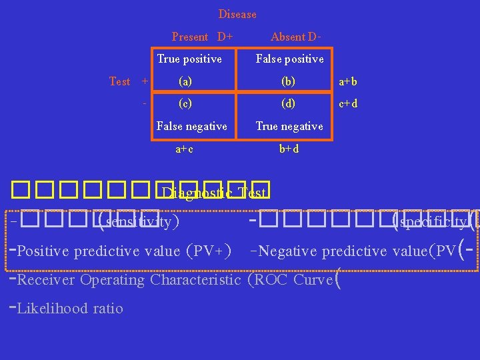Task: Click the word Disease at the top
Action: click(237, 14)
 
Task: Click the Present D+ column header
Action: click(202, 37)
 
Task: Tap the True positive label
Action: click(189, 59)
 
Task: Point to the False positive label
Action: click(289, 59)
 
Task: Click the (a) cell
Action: click(185, 81)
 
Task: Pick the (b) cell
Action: click(289, 81)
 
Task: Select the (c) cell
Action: click(185, 104)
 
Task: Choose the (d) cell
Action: click(289, 104)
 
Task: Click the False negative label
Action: click(191, 126)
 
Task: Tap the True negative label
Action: click(289, 126)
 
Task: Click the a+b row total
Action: click(348, 82)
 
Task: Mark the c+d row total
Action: click(348, 104)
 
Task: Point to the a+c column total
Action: click(185, 149)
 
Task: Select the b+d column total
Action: click(289, 149)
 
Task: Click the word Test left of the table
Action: click(120, 81)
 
